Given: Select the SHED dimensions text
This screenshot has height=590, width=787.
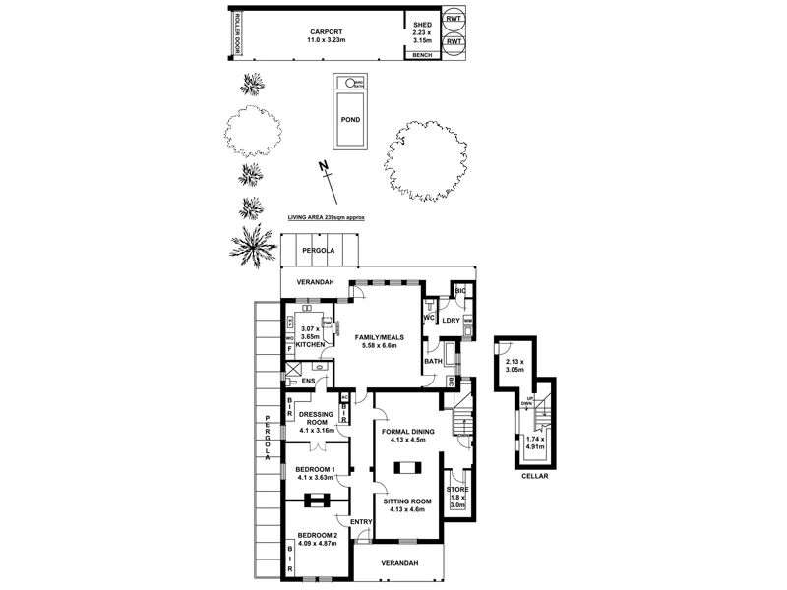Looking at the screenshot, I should [x=422, y=36].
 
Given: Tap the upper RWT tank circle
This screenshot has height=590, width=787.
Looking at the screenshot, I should [x=454, y=19].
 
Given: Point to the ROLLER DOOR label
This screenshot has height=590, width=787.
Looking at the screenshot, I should [x=234, y=36].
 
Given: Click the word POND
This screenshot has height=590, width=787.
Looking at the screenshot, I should [x=349, y=119].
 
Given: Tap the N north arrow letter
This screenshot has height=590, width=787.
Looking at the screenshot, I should [x=321, y=167].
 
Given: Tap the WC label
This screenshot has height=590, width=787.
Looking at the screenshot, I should [x=430, y=319].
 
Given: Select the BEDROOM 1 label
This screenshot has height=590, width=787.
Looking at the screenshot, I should [x=316, y=469].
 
